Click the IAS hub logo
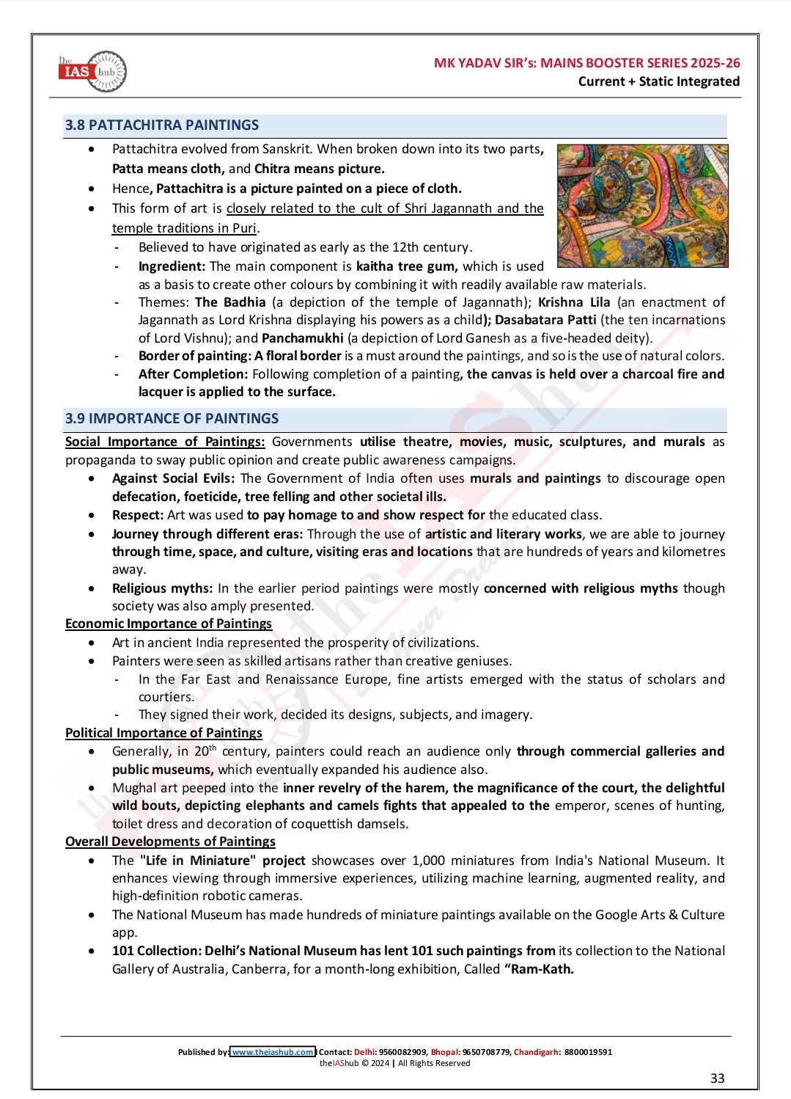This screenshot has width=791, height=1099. (x=93, y=72)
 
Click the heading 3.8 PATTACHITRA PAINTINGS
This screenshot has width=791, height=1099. (x=162, y=125)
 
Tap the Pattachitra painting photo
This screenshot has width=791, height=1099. (x=642, y=205)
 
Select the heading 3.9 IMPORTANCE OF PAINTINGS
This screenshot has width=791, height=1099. (x=172, y=418)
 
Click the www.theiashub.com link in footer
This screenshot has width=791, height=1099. (x=273, y=1051)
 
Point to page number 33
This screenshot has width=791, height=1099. (x=717, y=1078)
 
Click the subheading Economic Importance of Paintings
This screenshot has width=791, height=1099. (x=169, y=624)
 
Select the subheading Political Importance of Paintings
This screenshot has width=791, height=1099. (x=163, y=733)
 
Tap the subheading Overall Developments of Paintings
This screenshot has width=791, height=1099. (x=170, y=841)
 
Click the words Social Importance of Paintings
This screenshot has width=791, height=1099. (x=165, y=442)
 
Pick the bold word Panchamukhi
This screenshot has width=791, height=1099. (x=302, y=338)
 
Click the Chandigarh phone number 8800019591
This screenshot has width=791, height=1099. (x=588, y=1052)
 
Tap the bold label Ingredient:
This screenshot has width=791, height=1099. (x=172, y=266)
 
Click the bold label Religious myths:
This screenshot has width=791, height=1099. (x=162, y=588)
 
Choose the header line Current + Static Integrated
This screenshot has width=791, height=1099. (x=658, y=81)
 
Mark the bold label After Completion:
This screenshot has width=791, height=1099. (x=193, y=374)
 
